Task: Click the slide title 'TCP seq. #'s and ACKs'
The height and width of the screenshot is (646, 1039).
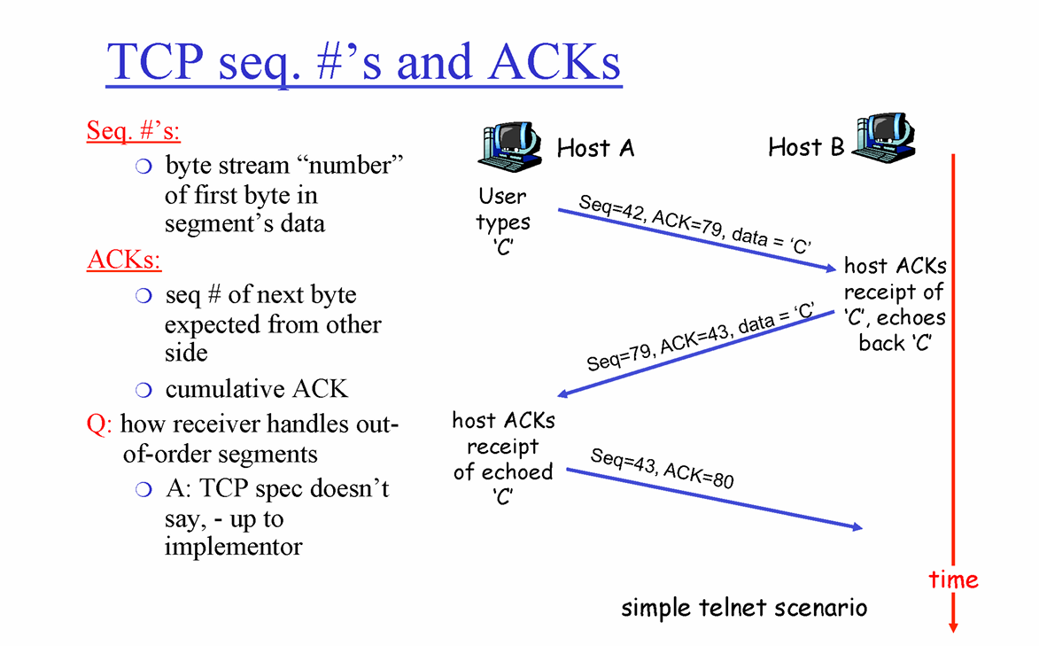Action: (363, 62)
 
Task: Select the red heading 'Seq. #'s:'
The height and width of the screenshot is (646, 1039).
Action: (134, 131)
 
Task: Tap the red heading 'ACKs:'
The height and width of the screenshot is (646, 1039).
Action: (124, 261)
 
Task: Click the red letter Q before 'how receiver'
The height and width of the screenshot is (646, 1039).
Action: (97, 424)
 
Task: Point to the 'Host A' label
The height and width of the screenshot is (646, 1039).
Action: (595, 148)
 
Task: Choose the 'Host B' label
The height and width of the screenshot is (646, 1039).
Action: (806, 147)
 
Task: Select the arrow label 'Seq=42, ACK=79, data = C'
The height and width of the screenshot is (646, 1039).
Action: (695, 224)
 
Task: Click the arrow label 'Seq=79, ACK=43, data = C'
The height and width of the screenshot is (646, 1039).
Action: (700, 337)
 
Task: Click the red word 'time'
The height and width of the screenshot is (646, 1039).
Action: (953, 580)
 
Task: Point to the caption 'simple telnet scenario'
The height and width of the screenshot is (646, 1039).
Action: (744, 608)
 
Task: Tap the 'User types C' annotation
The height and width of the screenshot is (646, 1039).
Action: (502, 222)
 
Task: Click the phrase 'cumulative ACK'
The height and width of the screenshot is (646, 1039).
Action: (257, 389)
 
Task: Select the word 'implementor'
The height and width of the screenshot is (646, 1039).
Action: (233, 546)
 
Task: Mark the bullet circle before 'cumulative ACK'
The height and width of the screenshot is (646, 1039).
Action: (144, 390)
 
